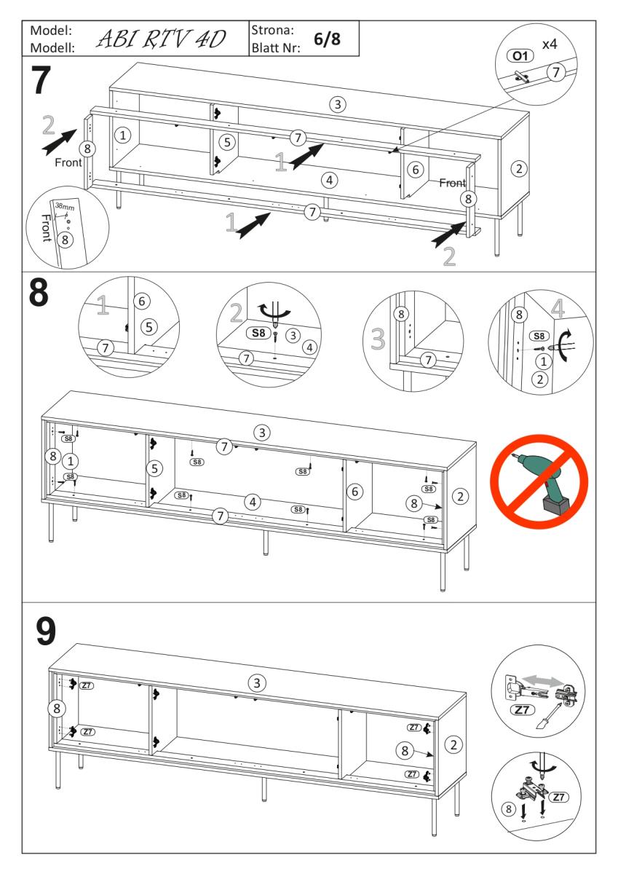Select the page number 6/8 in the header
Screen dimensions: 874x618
point(327,39)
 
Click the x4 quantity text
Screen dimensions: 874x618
point(549,45)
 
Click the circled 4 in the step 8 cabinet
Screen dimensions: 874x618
point(252,501)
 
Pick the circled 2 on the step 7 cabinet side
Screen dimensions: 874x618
point(518,168)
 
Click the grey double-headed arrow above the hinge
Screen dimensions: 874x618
point(542,679)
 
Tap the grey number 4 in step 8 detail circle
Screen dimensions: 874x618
point(557,309)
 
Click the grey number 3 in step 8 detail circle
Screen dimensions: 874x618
point(377,337)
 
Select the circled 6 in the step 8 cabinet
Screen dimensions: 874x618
point(354,492)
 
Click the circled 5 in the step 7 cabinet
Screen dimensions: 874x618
point(227,141)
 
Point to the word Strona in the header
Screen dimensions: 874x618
point(272,31)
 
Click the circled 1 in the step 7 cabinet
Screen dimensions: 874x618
point(124,135)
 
